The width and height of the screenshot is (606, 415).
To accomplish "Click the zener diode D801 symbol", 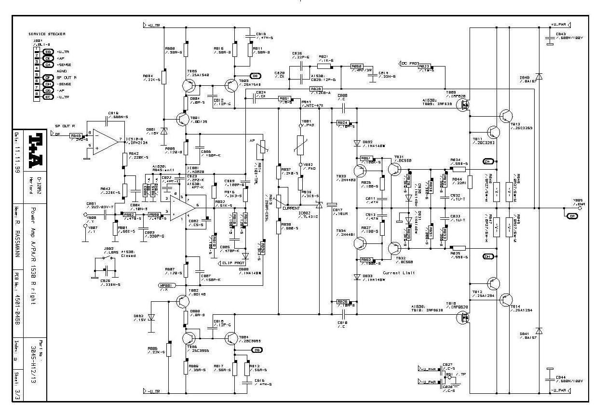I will [164, 131].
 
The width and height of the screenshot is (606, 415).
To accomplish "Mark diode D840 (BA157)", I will [539, 77].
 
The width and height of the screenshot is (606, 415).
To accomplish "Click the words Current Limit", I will [399, 273].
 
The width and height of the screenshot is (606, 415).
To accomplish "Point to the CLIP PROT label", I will [233, 263].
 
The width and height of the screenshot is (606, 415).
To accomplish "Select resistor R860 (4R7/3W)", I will [356, 67].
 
